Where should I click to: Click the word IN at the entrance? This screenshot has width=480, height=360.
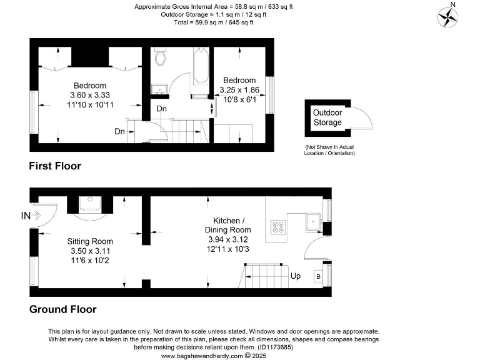[26, 216]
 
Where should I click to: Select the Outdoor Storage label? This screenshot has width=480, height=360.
[327, 117]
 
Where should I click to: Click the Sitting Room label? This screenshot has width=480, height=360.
[90, 241]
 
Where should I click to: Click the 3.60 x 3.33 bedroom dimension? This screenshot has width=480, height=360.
[90, 95]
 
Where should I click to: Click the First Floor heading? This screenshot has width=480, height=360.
[55, 166]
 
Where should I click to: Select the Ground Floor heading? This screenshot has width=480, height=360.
[62, 309]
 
